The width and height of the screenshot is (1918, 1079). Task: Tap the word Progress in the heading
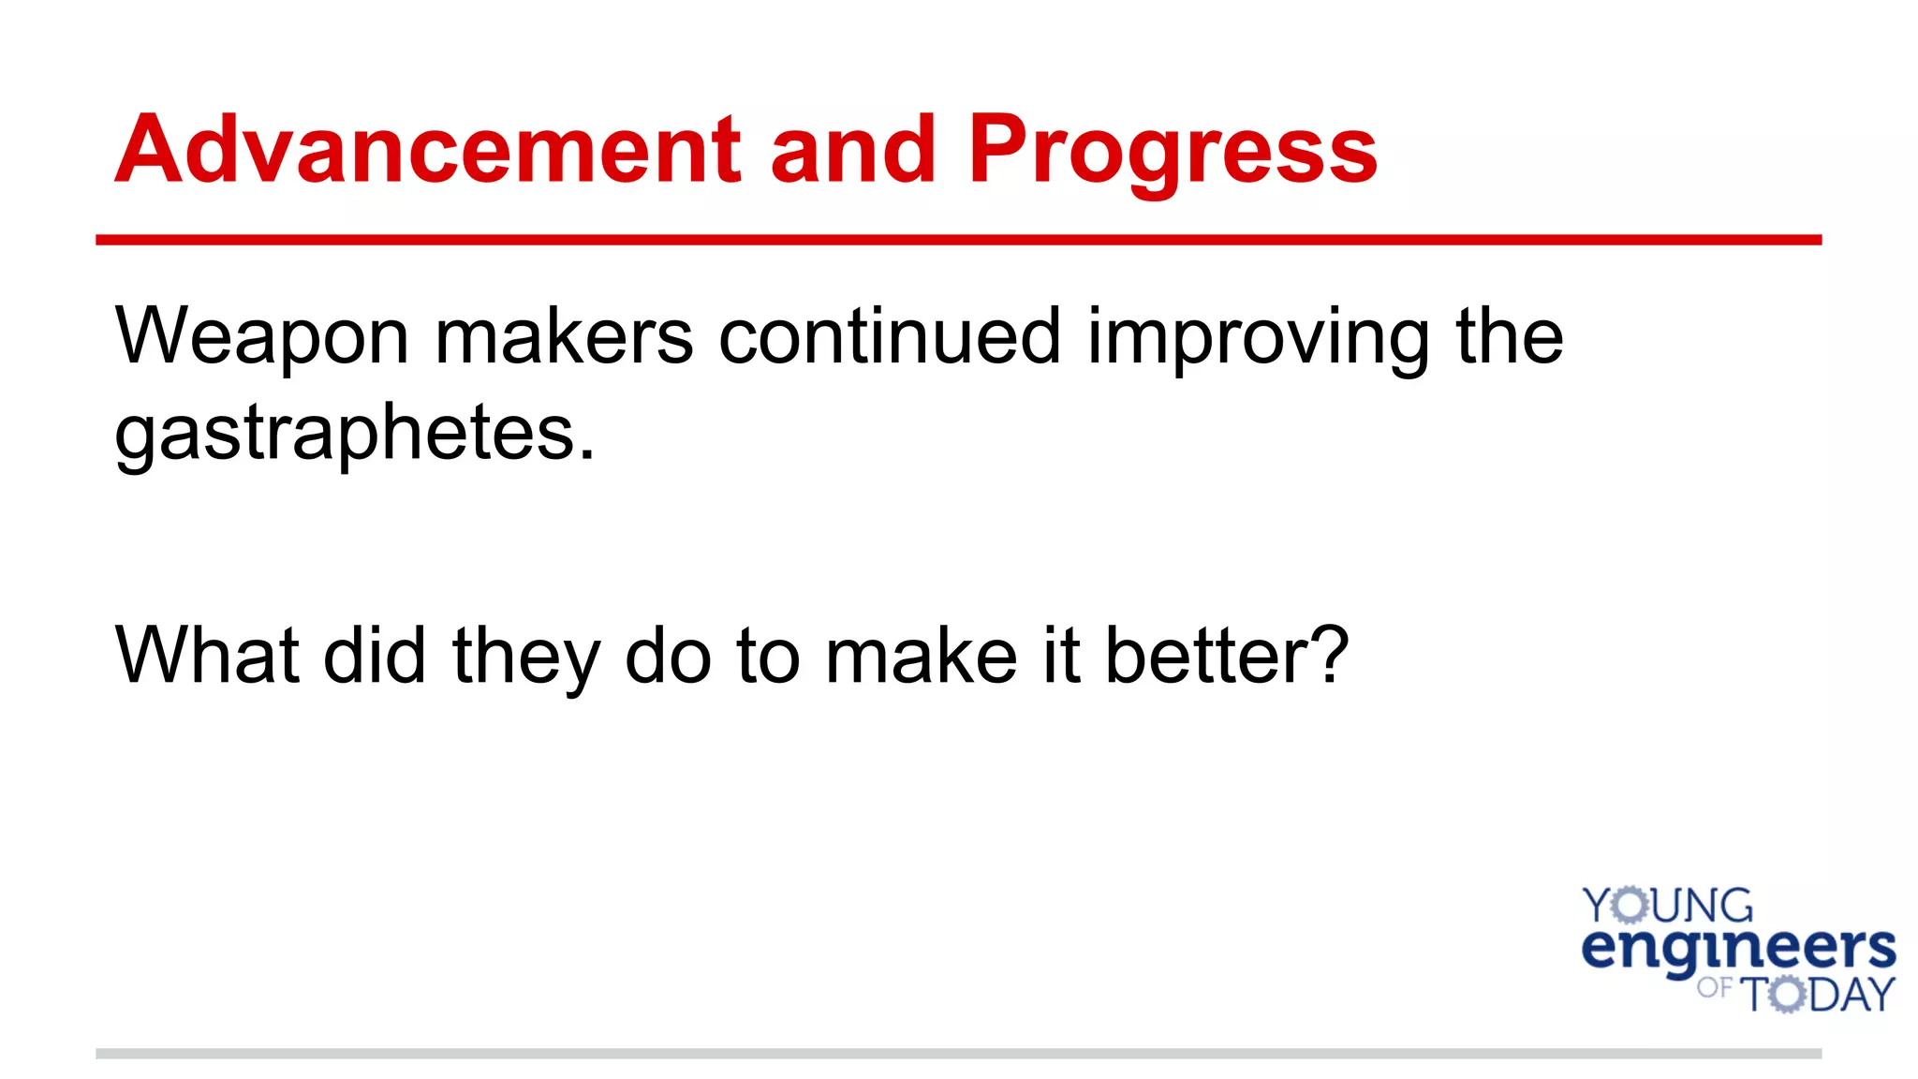point(1172,150)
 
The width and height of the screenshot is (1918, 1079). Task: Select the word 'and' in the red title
point(853,150)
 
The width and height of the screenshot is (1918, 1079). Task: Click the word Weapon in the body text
point(261,337)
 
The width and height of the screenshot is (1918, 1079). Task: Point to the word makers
point(564,337)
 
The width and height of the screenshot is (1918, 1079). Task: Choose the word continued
point(890,337)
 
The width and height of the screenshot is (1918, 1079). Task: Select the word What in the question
point(207,656)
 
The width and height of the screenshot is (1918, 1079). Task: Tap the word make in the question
point(922,656)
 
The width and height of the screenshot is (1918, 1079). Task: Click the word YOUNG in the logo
point(1667,906)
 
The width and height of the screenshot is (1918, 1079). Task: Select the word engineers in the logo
point(1738,949)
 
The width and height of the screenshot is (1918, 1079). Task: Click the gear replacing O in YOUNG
point(1631,906)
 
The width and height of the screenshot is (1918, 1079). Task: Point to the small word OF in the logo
point(1714,987)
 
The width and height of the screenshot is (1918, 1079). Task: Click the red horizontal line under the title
point(958,241)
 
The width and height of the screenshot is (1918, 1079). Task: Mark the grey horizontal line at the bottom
point(958,1054)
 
